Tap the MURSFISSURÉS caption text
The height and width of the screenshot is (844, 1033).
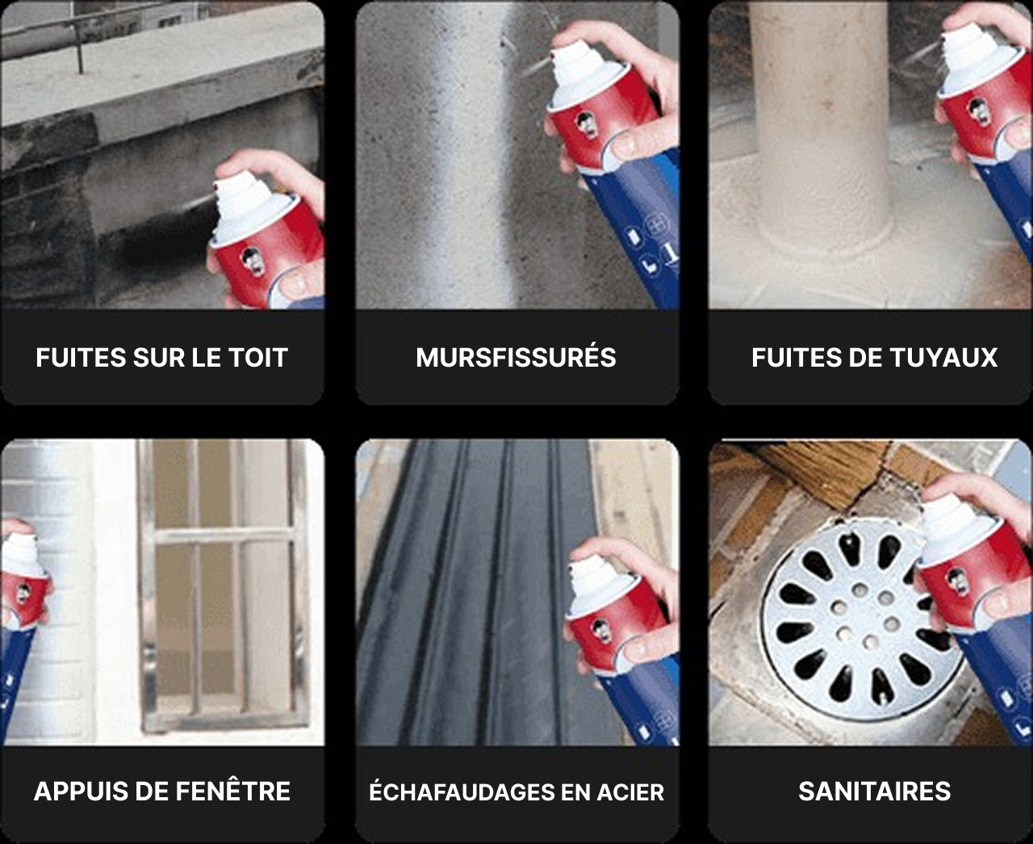point(516,357)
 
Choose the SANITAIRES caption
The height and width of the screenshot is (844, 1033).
point(875,791)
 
